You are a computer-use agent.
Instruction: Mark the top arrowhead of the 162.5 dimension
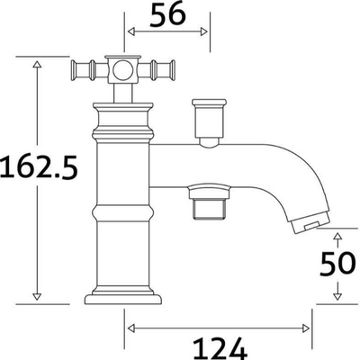(38, 64)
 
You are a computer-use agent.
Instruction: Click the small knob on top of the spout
(209, 116)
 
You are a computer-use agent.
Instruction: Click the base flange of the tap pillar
(120, 296)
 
